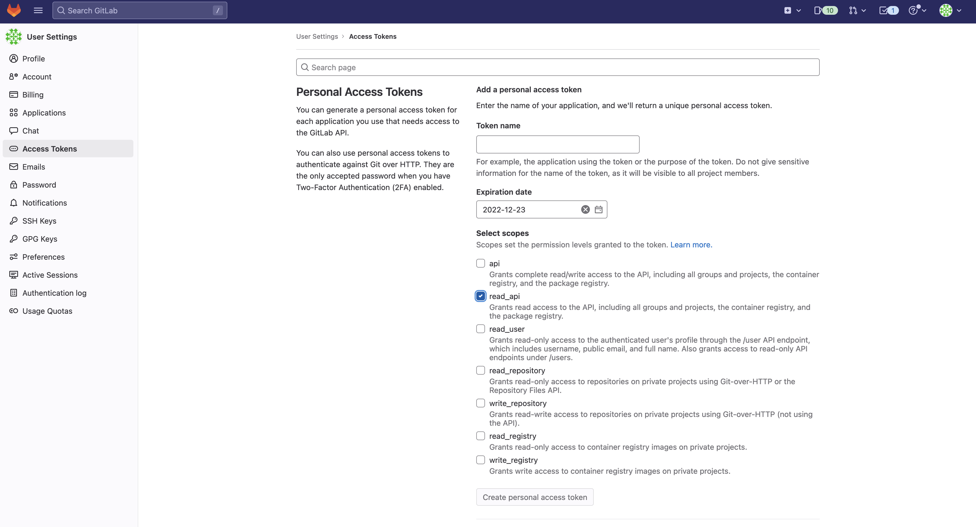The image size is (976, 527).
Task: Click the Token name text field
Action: tap(557, 144)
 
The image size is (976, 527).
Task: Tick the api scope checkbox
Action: tap(480, 263)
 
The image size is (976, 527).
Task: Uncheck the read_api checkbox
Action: tap(480, 296)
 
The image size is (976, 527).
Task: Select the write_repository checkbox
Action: tap(480, 403)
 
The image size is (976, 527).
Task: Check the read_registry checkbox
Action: tap(480, 436)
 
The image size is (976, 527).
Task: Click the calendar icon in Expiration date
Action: tap(598, 210)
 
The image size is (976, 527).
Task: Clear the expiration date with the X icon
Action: tap(585, 210)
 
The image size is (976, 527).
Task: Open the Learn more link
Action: tap(691, 245)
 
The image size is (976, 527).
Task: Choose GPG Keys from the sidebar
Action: tap(40, 239)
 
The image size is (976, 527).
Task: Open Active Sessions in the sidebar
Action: tap(50, 275)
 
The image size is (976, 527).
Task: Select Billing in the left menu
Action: tap(33, 95)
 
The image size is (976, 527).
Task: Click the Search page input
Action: tap(557, 67)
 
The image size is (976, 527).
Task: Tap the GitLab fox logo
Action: tap(14, 10)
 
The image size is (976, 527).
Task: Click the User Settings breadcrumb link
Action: tap(317, 37)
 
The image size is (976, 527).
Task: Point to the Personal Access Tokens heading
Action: tap(359, 92)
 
